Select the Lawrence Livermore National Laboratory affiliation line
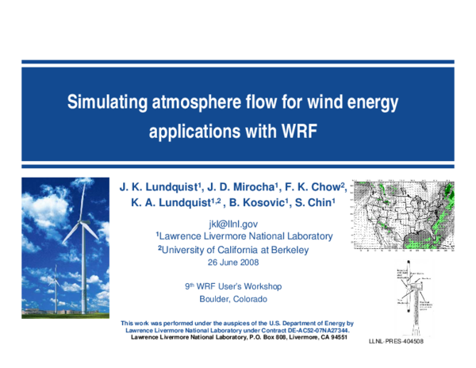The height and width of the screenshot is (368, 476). [x=245, y=236]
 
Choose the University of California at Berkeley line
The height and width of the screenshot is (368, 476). [x=233, y=249]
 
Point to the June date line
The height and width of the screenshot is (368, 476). [x=233, y=262]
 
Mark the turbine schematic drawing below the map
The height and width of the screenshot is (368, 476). [x=413, y=297]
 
